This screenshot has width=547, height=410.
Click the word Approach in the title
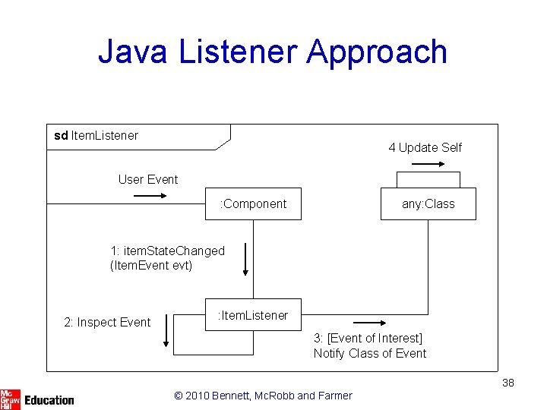(377, 53)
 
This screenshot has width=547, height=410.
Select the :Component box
(253, 203)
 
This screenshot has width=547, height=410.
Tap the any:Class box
(428, 203)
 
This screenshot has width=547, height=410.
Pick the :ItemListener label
(253, 315)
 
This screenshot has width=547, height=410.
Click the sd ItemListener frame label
(96, 136)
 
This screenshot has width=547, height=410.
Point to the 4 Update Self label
(425, 147)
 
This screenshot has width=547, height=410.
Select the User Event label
(148, 179)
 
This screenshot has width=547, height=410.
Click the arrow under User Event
(150, 196)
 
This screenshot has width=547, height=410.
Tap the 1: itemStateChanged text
(167, 251)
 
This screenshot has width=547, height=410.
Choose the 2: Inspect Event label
(106, 323)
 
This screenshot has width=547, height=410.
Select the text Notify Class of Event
(370, 353)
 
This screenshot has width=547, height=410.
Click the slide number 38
(508, 383)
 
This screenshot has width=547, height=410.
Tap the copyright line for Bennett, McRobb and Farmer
(263, 395)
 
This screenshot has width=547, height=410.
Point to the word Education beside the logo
(49, 399)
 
